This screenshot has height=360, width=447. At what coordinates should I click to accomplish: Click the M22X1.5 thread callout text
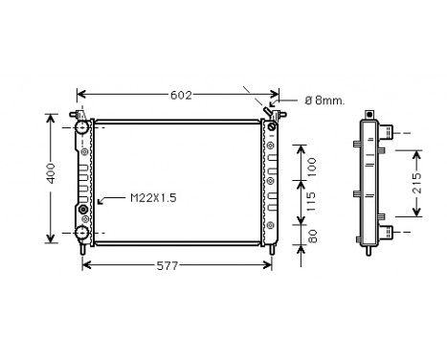pos(153,198)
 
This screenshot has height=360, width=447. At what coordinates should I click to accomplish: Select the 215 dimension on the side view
pos(428,184)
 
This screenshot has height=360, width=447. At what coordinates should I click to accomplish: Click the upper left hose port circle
pos(83,126)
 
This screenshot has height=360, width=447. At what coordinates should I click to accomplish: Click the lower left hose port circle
pos(83,232)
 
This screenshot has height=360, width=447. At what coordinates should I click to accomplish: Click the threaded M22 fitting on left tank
pos(83,209)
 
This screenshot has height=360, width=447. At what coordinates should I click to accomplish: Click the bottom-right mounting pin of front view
pos(275,250)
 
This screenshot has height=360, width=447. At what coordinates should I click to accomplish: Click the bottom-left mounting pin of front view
pos(86,250)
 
